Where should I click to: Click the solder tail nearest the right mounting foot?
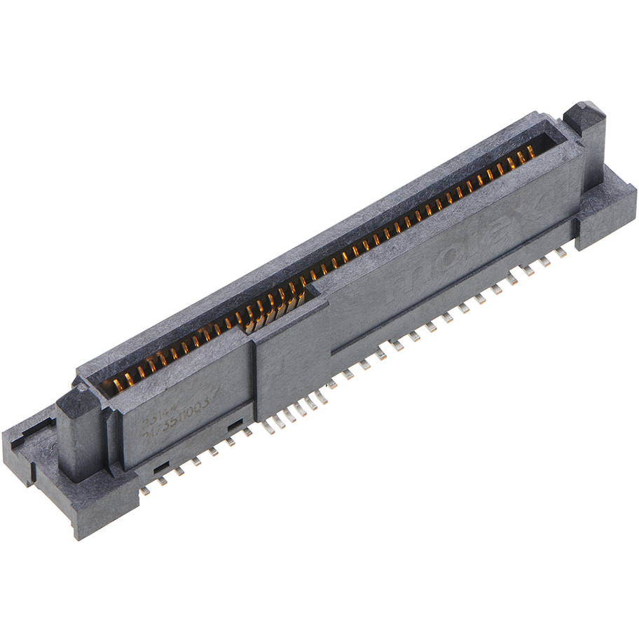coord(562,249)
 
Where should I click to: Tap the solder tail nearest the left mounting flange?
coord(144,491)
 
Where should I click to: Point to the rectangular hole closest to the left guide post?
coord(161,466)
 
